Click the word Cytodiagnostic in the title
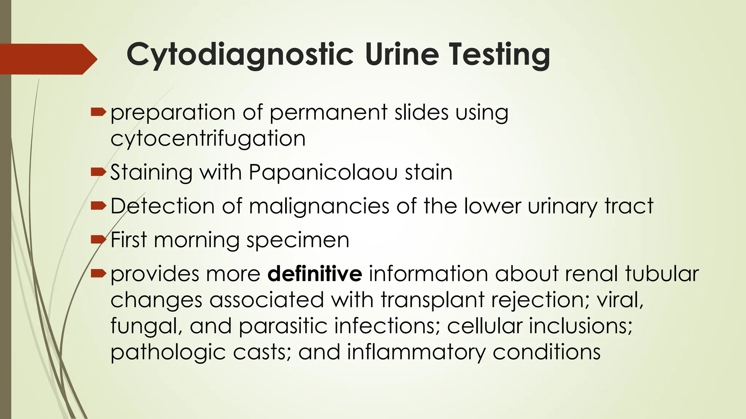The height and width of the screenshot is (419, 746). coord(240,55)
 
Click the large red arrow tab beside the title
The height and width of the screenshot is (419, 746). coord(47,59)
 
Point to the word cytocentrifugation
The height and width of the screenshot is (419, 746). coord(208,139)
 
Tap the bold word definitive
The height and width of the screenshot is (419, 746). coord(315,274)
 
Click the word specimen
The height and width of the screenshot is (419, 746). coord(298,240)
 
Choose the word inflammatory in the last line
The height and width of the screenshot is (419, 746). coord(416,352)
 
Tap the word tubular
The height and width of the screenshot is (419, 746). coord(662,274)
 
